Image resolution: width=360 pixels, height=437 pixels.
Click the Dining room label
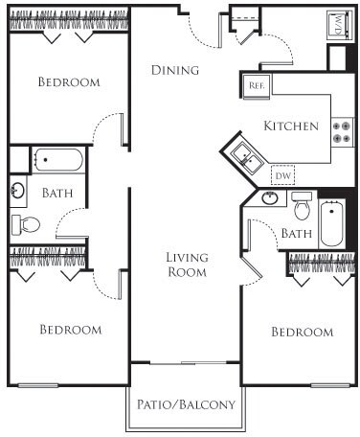(175, 70)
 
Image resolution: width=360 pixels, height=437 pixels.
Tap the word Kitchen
(290, 126)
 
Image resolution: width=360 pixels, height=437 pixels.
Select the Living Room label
(187, 264)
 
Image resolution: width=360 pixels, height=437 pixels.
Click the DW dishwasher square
(283, 175)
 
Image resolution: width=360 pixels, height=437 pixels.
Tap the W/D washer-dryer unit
(340, 25)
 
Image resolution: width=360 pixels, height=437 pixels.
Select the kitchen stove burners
(342, 131)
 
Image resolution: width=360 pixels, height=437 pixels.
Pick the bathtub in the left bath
(59, 159)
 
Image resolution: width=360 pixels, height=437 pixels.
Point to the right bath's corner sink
(269, 199)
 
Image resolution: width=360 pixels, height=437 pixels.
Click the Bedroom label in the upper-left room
(68, 82)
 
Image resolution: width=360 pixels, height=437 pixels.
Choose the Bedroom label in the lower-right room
(303, 332)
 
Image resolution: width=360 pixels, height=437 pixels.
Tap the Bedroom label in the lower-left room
(70, 330)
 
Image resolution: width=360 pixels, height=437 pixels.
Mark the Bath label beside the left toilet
(56, 193)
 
